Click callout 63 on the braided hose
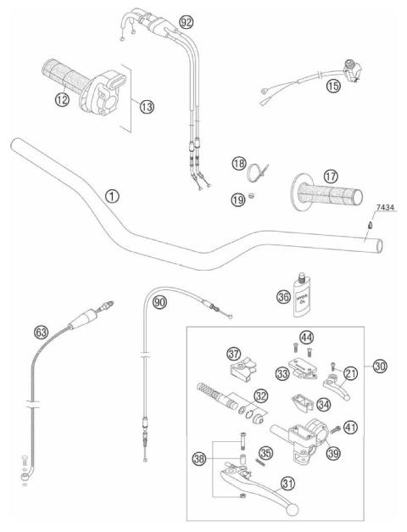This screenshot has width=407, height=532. [x=39, y=332]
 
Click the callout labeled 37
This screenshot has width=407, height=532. [x=233, y=352]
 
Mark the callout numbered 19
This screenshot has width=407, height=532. [x=240, y=199]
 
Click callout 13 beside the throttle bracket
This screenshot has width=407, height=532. [x=147, y=107]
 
